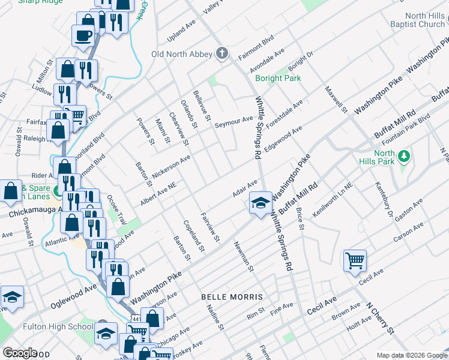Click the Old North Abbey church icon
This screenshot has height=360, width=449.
point(221,54)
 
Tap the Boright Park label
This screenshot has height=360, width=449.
point(277,79)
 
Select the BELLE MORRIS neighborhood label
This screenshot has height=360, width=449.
point(232,297)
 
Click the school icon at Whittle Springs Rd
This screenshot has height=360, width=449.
point(261,203)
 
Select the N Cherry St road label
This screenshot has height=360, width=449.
point(381,317)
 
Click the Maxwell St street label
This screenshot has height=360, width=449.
point(336,99)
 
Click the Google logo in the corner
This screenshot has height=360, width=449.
point(19,353)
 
